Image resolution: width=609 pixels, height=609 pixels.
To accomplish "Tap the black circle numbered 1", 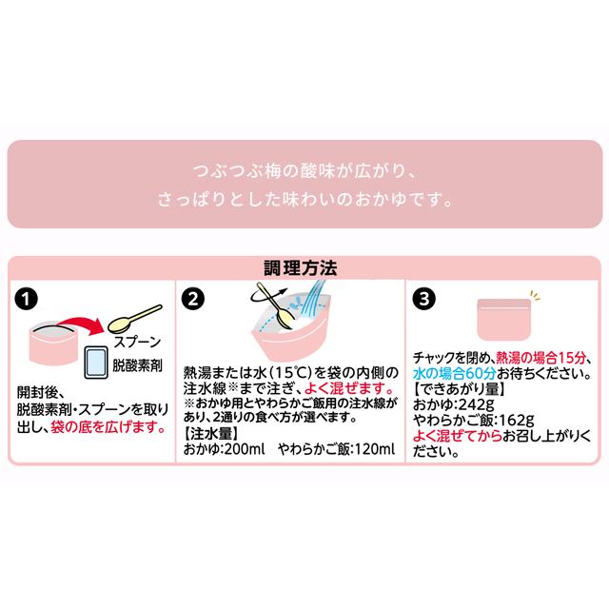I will coord(29,298).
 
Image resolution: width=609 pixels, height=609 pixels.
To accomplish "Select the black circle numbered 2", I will coord(194,298).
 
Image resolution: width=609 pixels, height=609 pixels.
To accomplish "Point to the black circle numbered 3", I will coord(424,298).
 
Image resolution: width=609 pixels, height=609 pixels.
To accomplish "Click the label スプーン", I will coord(135,342).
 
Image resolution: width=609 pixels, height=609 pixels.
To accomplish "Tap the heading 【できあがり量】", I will coord(455,388).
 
